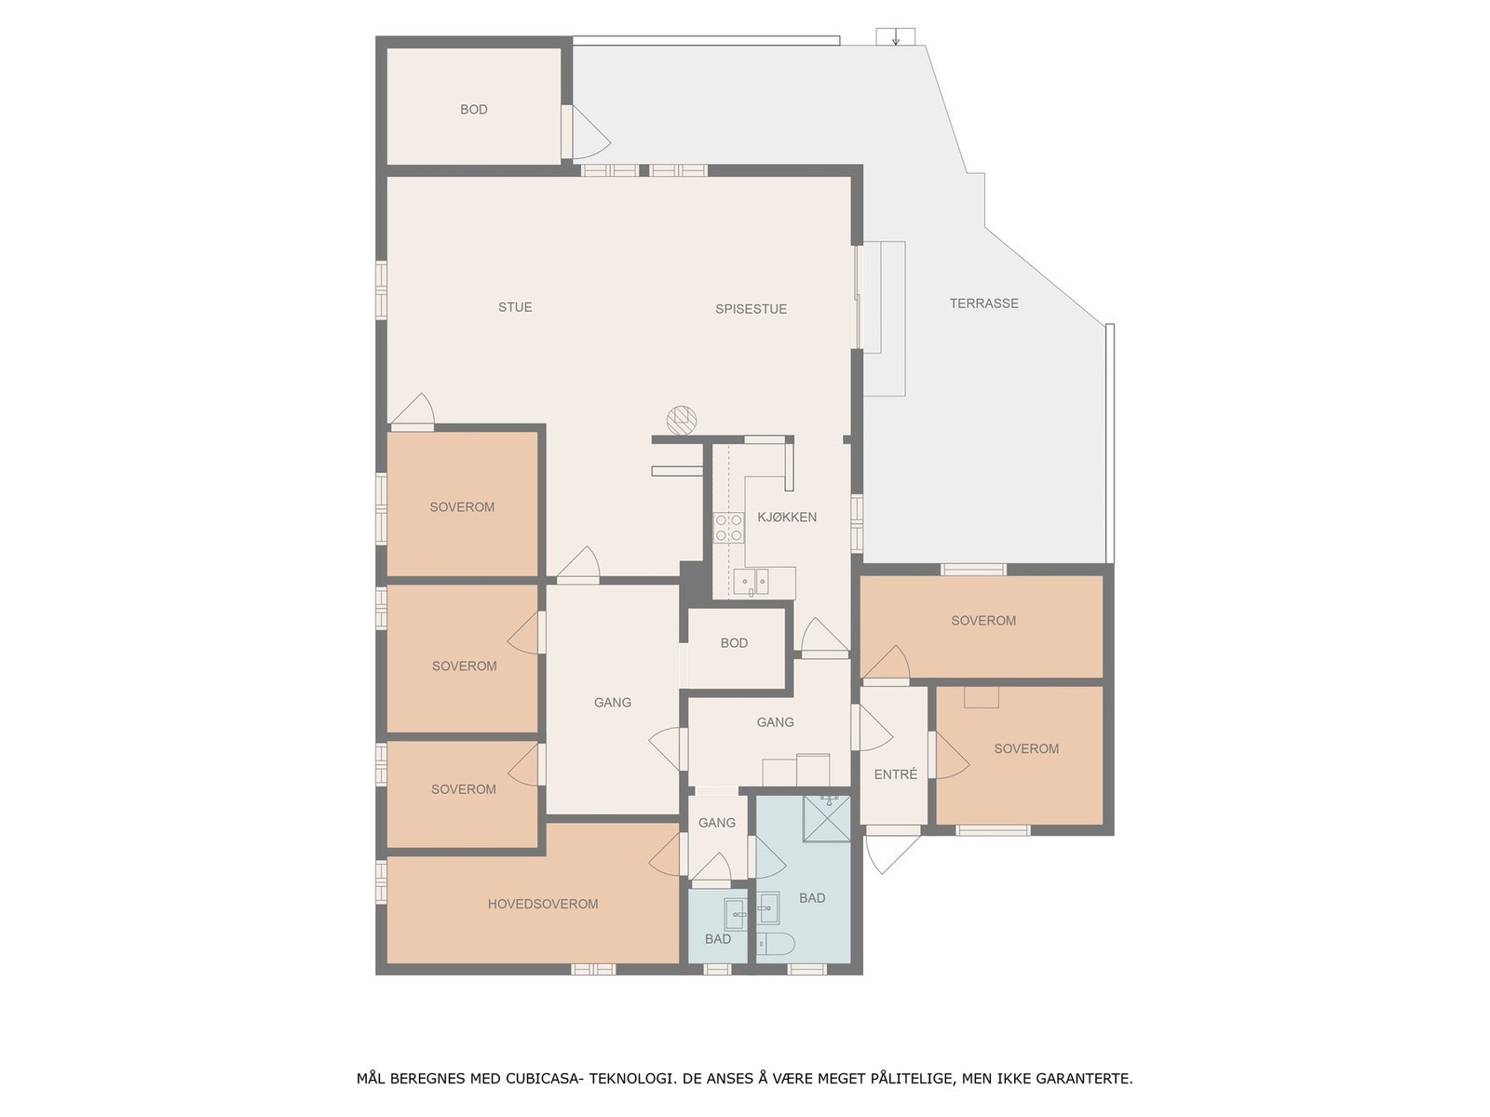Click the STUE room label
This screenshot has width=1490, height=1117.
515,307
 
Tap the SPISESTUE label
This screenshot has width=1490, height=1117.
751,309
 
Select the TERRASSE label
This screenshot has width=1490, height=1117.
983,303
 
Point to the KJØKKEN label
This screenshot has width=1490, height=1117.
787,518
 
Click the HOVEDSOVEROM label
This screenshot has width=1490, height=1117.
543,904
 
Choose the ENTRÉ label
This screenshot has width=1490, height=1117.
895,774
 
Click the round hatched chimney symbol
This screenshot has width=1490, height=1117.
682,420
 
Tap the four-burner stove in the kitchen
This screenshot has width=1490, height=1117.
728,528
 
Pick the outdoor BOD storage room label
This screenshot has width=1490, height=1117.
473,110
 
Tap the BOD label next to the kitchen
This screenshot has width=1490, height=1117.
734,643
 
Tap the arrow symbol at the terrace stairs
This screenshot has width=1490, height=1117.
896,38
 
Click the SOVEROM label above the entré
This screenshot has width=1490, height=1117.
983,621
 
